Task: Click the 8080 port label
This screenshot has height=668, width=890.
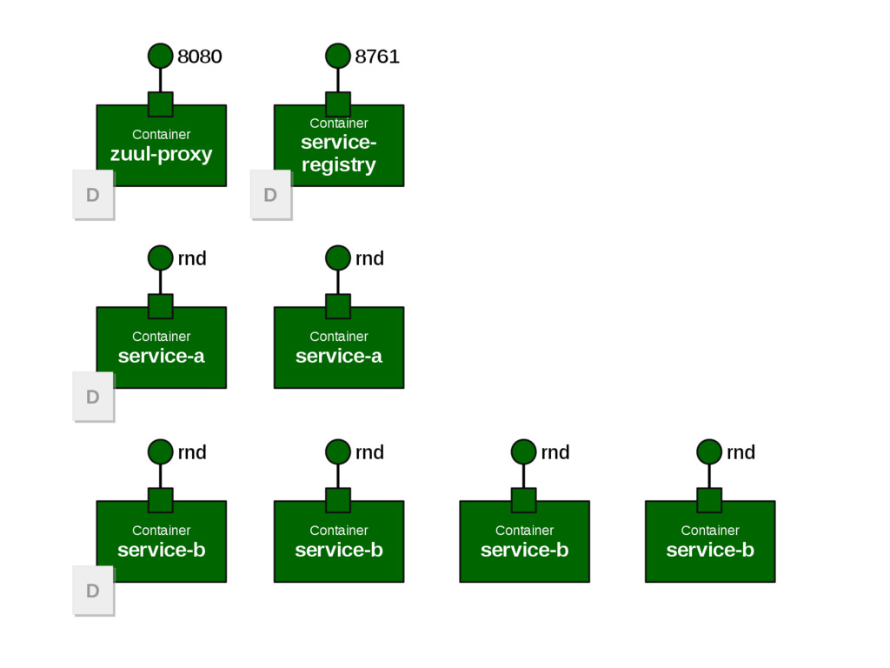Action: point(200,57)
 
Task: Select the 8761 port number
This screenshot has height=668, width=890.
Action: point(377,57)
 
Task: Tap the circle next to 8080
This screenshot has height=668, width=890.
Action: point(161,56)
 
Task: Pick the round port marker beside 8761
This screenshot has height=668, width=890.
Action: point(338,56)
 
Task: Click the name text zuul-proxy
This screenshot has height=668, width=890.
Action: point(161,155)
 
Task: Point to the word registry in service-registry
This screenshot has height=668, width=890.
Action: point(339,165)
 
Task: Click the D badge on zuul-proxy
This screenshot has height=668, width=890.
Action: point(93,195)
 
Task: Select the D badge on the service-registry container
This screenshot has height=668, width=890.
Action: point(270,195)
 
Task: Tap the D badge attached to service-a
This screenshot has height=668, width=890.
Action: point(93,397)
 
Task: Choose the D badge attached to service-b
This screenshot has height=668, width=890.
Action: point(93,591)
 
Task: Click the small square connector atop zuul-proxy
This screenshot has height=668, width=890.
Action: point(161,104)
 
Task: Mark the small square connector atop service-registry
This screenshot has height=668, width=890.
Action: point(338,104)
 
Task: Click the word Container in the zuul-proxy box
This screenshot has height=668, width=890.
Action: point(161,135)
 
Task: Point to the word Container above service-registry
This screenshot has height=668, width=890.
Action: point(339,124)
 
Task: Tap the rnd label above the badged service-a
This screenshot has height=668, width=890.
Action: point(192,258)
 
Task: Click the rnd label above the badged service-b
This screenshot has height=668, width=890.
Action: point(192,452)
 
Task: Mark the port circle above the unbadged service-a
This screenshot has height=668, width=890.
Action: point(338,257)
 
